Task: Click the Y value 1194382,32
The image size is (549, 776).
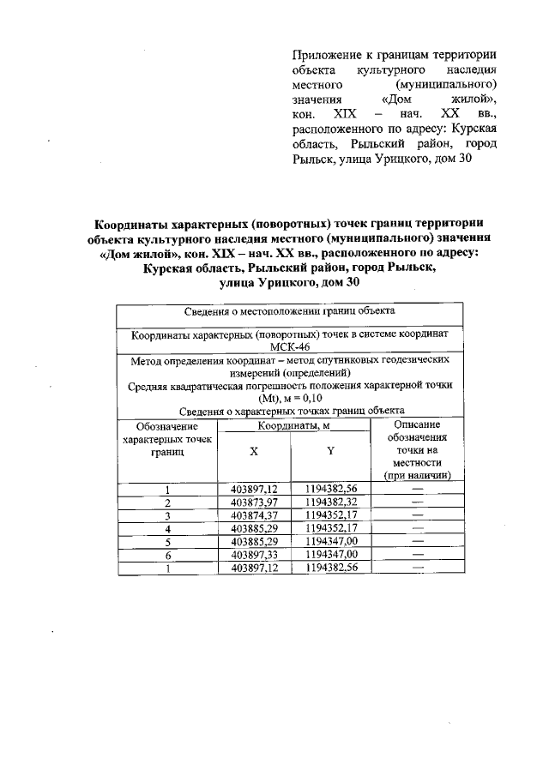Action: click(329, 502)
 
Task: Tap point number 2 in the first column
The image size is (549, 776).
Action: click(168, 502)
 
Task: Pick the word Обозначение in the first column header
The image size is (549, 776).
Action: click(167, 426)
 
